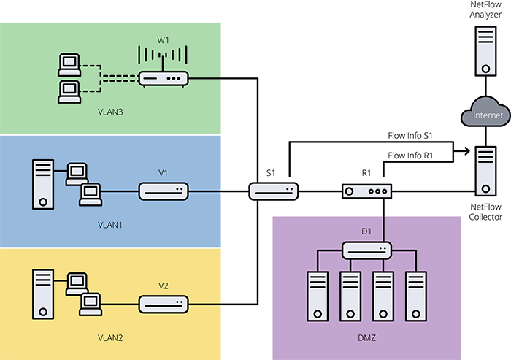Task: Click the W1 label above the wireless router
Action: pyautogui.click(x=163, y=41)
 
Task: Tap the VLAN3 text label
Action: pyautogui.click(x=111, y=113)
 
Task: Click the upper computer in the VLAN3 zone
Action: pyautogui.click(x=69, y=64)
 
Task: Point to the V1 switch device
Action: pyautogui.click(x=164, y=192)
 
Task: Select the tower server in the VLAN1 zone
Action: pyautogui.click(x=44, y=184)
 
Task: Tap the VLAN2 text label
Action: pyautogui.click(x=111, y=338)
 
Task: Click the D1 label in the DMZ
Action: pyautogui.click(x=366, y=232)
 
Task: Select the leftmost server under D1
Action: pyautogui.click(x=318, y=296)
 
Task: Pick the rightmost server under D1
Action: pyautogui.click(x=415, y=296)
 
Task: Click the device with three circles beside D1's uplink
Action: pyautogui.click(x=367, y=191)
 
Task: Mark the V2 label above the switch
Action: pyautogui.click(x=163, y=285)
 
